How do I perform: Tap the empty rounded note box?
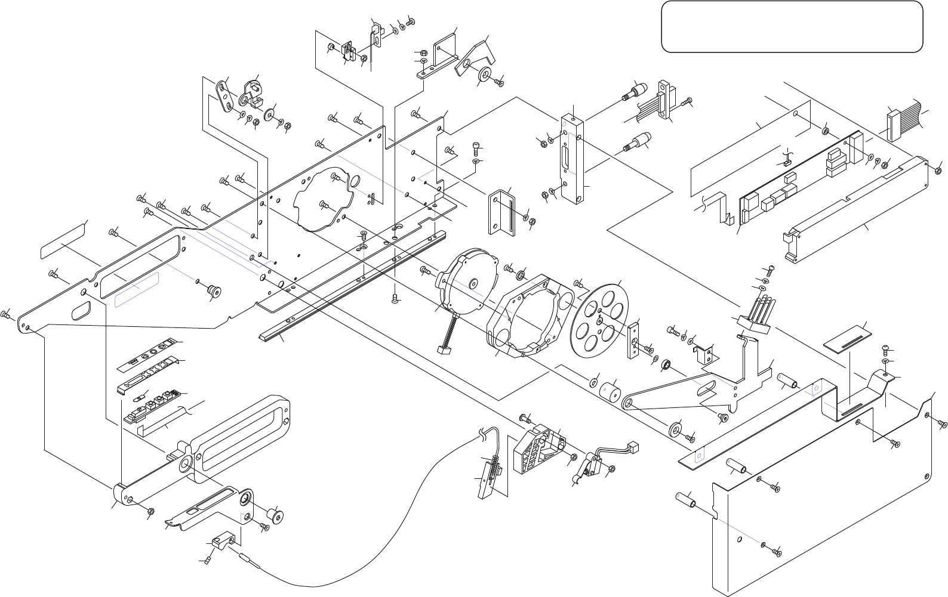click(x=792, y=27)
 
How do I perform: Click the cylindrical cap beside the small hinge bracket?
click(x=276, y=515)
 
